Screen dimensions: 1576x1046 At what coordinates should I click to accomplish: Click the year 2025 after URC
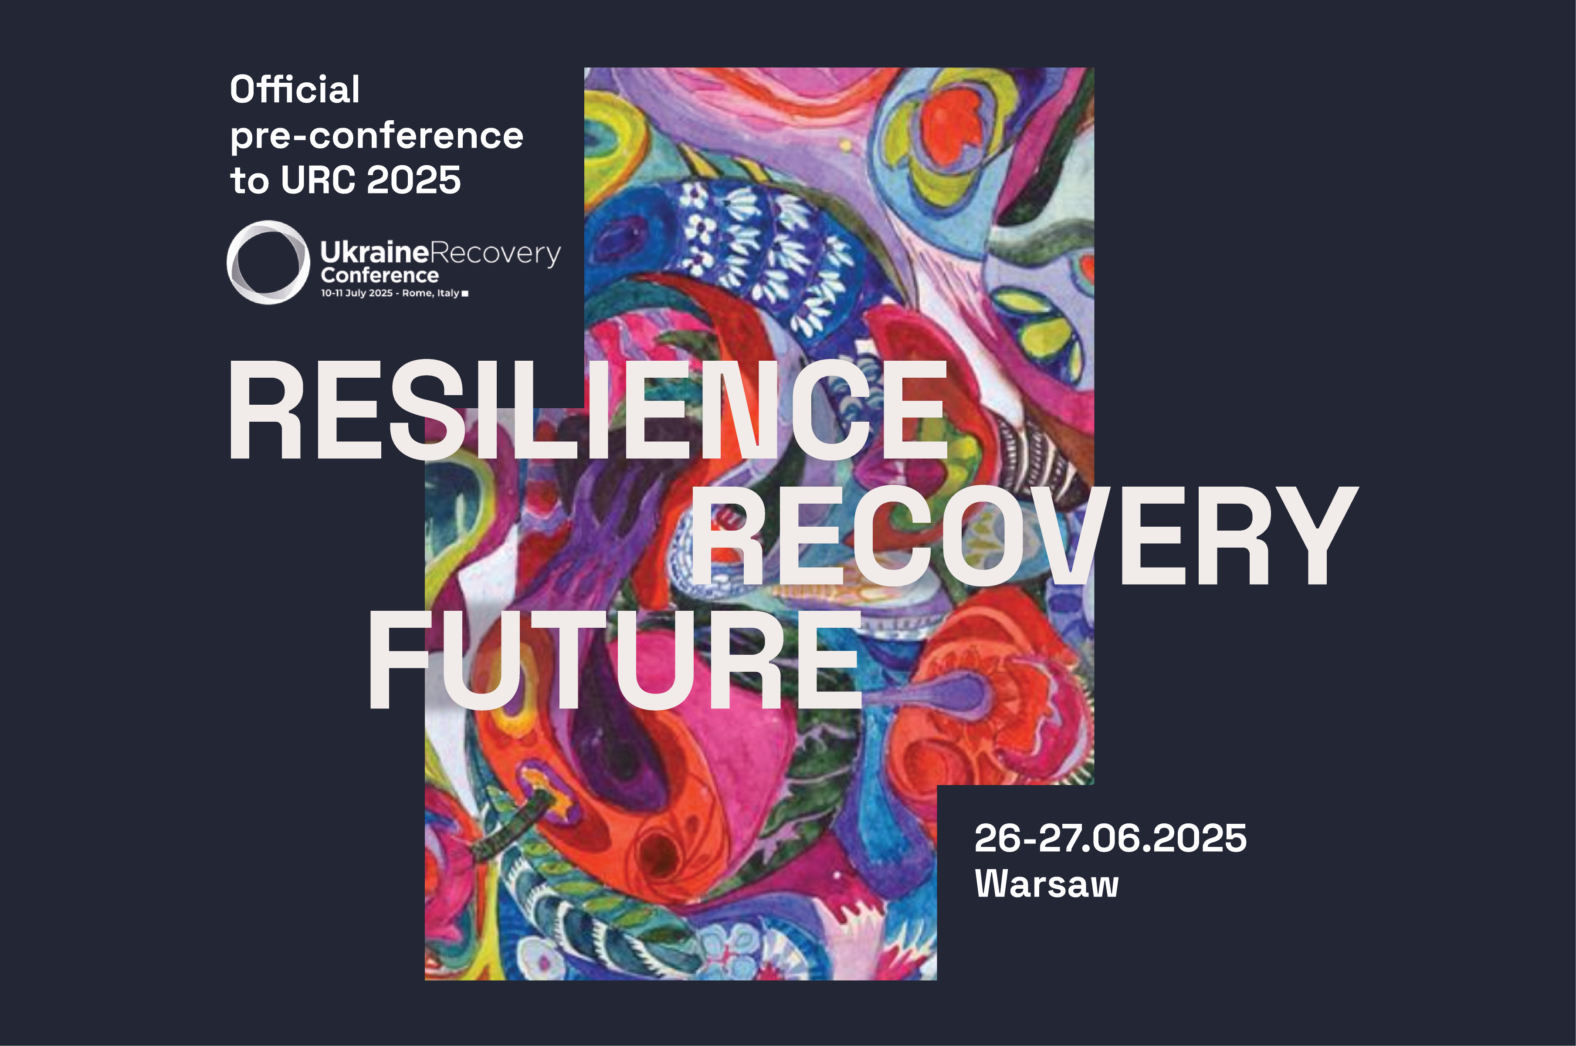click(x=413, y=180)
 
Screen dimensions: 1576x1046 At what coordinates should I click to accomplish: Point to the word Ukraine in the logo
click(x=374, y=252)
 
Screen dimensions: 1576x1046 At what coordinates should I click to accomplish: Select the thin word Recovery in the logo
click(x=495, y=254)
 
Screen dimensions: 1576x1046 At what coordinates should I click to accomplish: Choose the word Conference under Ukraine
click(x=380, y=275)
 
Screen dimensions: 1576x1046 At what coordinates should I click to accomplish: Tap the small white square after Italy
click(x=465, y=294)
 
